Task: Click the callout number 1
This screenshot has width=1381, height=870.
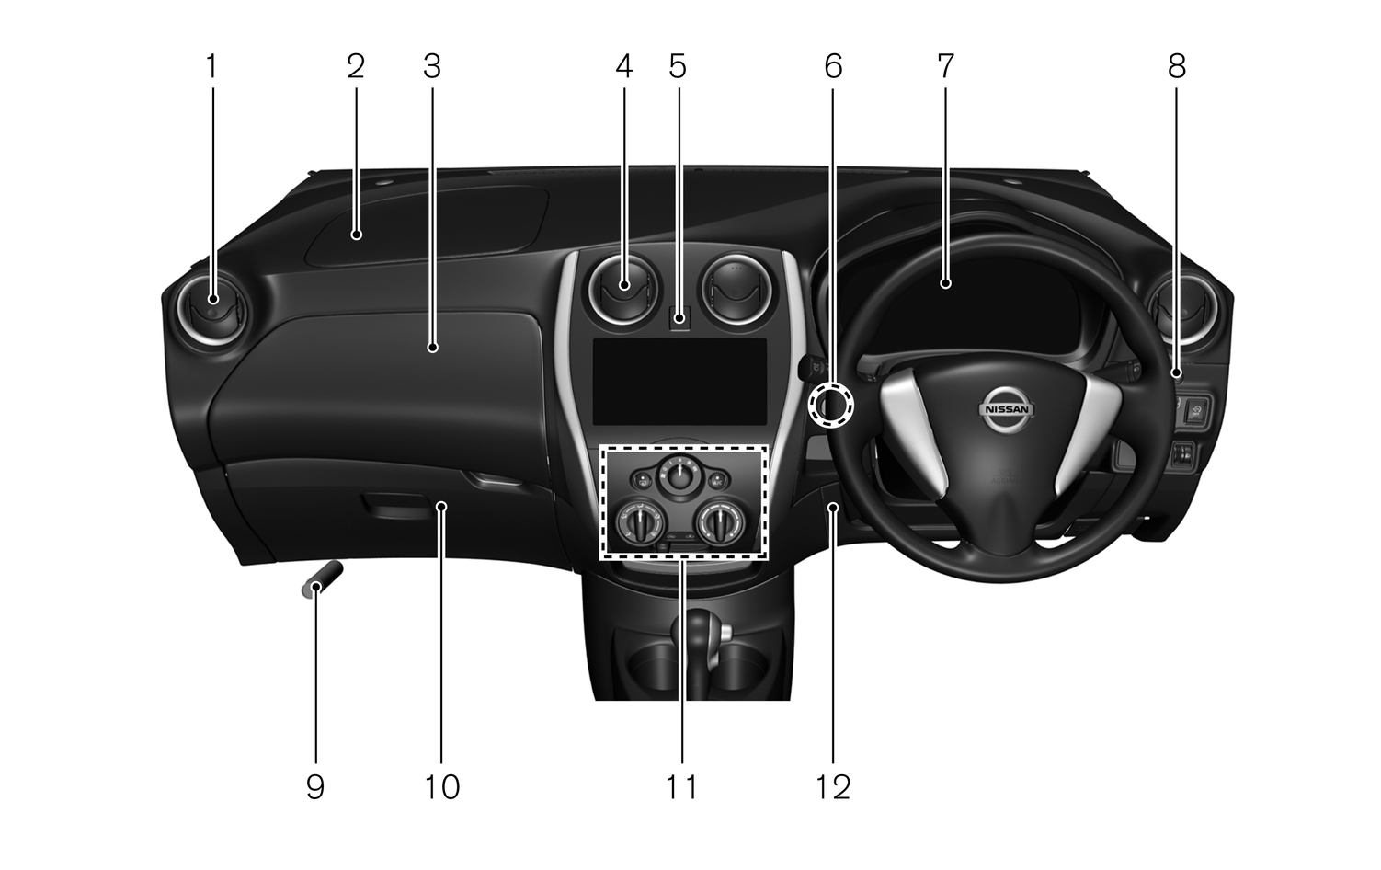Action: point(211,66)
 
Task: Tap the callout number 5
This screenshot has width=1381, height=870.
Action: point(678,66)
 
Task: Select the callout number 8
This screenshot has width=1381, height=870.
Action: point(1176,66)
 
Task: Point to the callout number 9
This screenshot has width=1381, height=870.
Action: point(315,786)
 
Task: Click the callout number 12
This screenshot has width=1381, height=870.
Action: point(833,786)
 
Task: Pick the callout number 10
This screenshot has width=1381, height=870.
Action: point(442,786)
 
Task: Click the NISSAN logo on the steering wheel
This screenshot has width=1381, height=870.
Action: point(1006,409)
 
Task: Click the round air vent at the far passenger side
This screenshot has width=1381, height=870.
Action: point(212,306)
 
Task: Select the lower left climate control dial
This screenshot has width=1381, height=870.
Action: point(640,524)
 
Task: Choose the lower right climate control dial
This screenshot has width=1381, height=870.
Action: point(719,524)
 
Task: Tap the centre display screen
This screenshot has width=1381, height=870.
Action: point(679,381)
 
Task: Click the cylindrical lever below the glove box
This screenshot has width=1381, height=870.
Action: point(321,579)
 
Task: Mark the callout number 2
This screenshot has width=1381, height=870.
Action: point(355,66)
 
